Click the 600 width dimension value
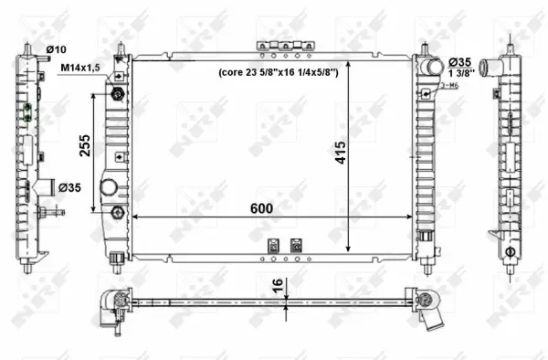tap(262, 208)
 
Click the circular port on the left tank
tap(109, 188)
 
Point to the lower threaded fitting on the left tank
tap(117, 213)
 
